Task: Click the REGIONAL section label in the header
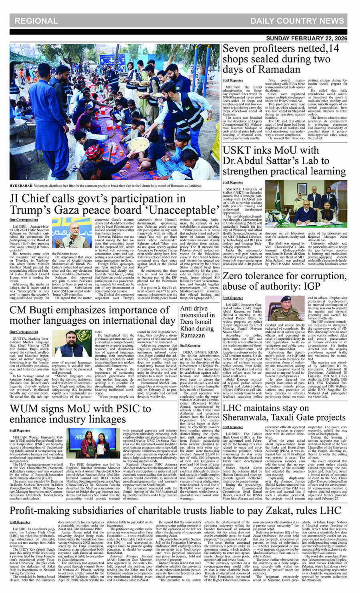[x=36, y=21]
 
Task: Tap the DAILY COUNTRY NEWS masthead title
[x=297, y=21]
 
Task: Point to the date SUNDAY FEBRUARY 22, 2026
[x=307, y=38]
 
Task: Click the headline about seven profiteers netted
[x=281, y=59]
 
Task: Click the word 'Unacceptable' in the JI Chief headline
[x=177, y=210]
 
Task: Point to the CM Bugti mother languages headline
[x=92, y=315]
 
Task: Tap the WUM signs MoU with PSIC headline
[x=80, y=414]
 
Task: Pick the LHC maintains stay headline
[x=284, y=413]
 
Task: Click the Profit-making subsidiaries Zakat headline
[x=176, y=511]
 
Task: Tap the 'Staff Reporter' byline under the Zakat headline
[x=20, y=522]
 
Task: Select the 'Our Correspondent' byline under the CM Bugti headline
[x=24, y=332]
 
